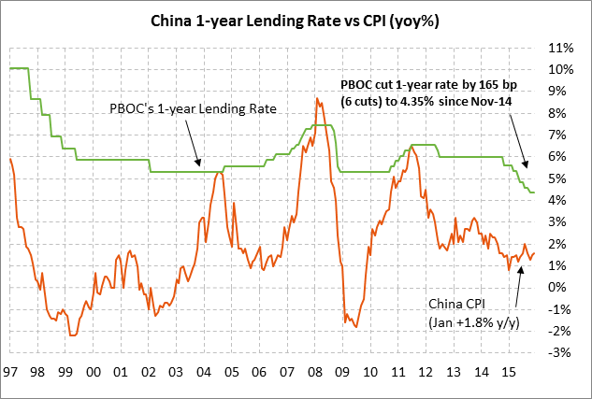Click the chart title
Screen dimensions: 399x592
coord(296,20)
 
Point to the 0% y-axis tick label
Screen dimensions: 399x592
coord(561,287)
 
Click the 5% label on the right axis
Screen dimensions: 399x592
coord(561,178)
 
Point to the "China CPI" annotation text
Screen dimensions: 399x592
coord(462,304)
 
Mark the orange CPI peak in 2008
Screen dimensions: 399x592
coord(317,99)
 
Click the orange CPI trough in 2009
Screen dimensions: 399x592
coord(353,325)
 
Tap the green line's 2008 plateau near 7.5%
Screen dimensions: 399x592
coord(320,125)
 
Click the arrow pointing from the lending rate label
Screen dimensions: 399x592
coord(192,143)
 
